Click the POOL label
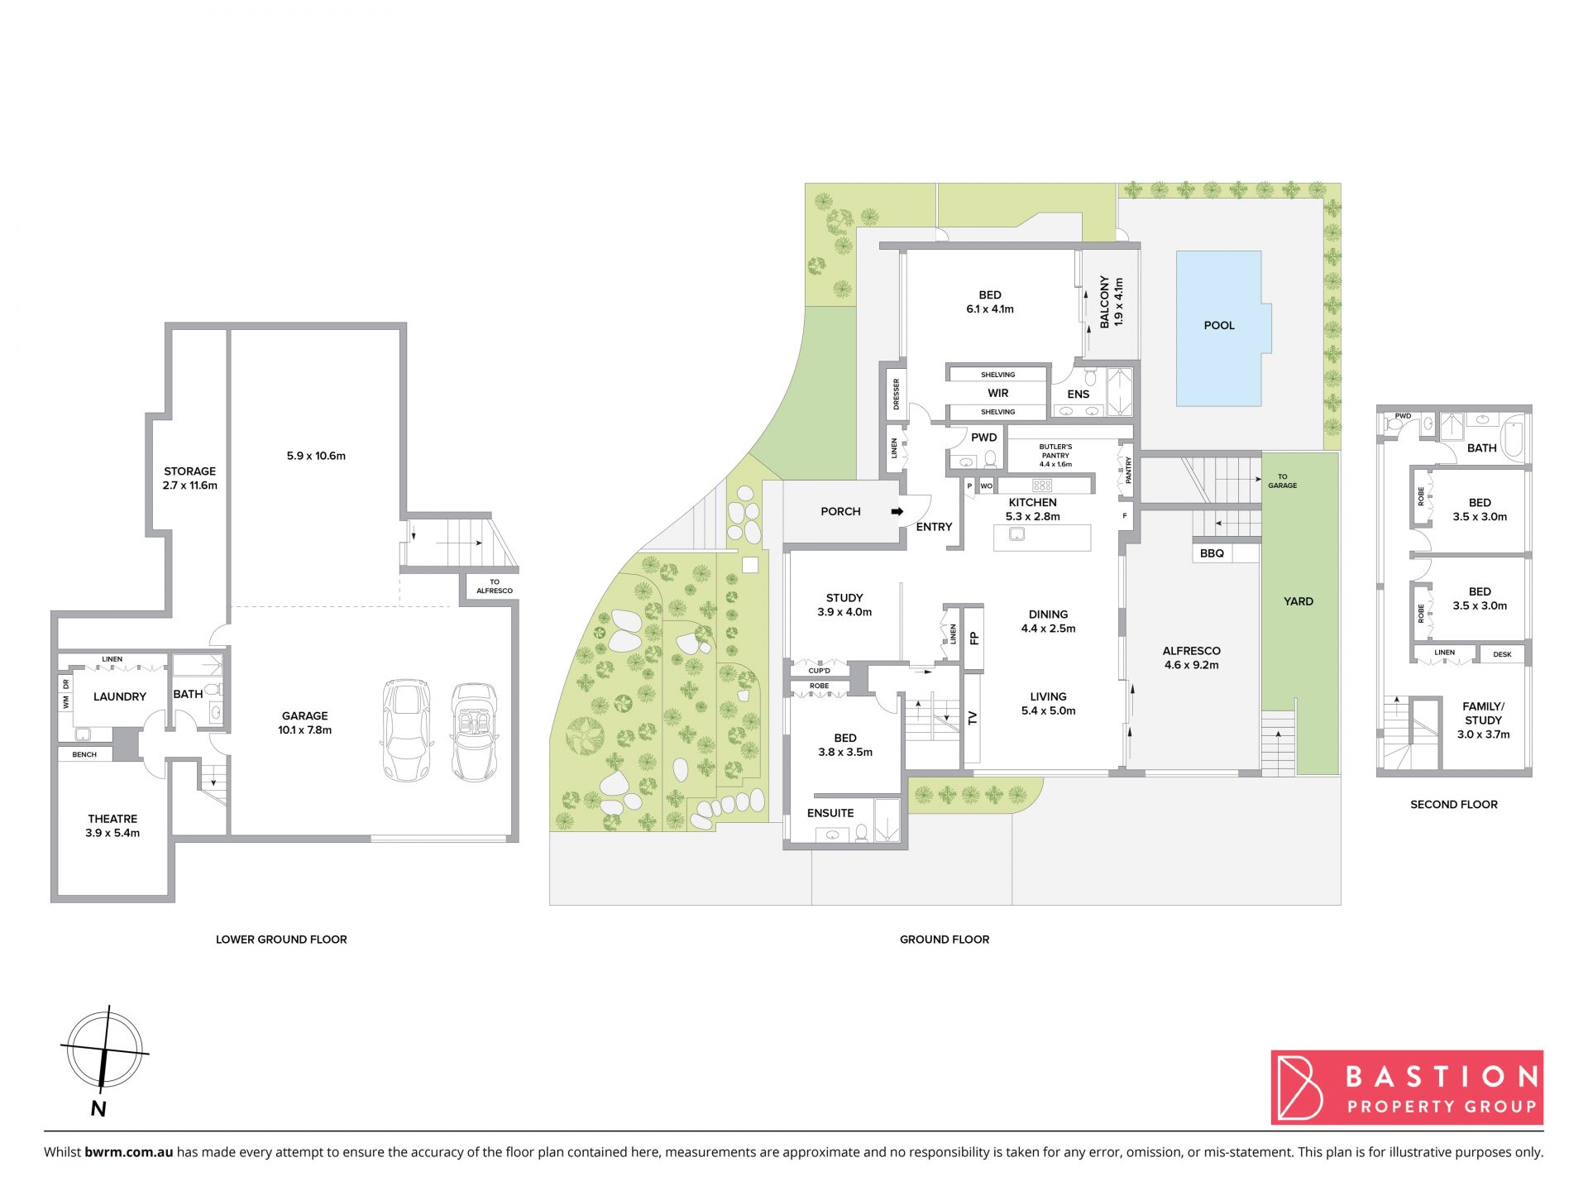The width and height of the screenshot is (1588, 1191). tap(1218, 326)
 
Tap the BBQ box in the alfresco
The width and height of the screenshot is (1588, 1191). tap(1212, 553)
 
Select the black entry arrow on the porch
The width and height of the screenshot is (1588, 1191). tap(897, 512)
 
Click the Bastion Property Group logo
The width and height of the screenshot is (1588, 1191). tap(1407, 1088)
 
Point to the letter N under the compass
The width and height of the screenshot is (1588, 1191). tap(98, 1109)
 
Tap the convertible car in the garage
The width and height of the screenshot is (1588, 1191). tap(474, 732)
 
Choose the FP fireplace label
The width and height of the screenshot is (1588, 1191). tap(973, 638)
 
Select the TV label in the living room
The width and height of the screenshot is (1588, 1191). tap(973, 718)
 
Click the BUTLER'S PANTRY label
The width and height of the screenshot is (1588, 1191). tap(1055, 452)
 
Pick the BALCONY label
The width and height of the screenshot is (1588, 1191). tap(1104, 302)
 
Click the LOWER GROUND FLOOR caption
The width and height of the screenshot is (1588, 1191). tap(281, 940)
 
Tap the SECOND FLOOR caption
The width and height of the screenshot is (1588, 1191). tap(1454, 804)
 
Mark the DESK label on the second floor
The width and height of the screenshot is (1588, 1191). tap(1502, 654)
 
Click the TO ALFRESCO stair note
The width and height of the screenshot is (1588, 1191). tap(495, 586)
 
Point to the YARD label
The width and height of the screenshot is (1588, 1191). tap(1299, 601)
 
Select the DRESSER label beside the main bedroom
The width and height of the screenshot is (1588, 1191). tap(896, 395)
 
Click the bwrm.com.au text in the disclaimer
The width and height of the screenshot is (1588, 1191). tap(129, 1152)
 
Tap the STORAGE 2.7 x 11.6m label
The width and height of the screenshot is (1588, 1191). tap(189, 478)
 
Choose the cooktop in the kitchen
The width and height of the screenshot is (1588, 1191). tap(1042, 485)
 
